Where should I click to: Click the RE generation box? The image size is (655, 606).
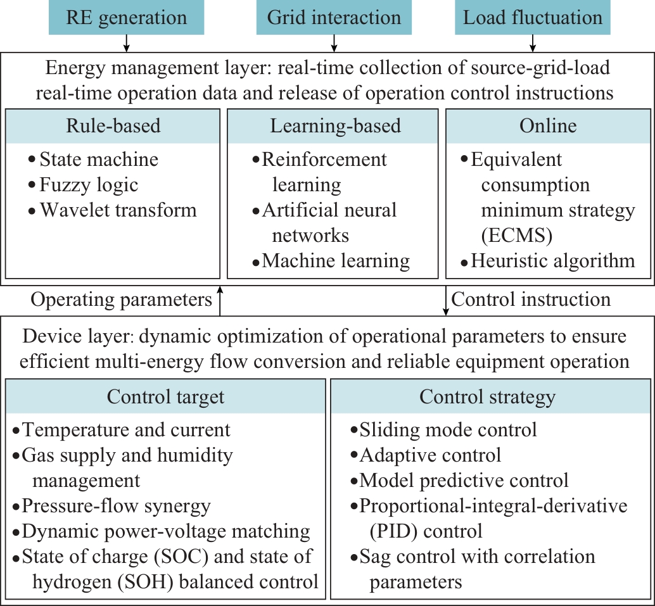pos(126,17)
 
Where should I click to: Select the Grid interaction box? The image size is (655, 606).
pos(334,17)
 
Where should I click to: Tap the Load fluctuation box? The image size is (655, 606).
pos(533,17)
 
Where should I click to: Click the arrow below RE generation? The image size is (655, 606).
pos(127,43)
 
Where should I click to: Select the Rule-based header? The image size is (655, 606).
pos(113,125)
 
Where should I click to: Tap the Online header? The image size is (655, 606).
pos(548,125)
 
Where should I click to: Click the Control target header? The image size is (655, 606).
pos(165,396)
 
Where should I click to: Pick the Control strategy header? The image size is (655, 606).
pos(487,396)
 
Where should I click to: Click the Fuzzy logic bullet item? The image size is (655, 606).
pos(88,184)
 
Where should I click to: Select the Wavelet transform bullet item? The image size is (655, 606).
pos(118,210)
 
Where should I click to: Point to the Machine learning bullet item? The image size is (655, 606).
pos(335,260)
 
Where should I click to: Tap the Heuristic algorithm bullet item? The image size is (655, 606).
pos(552,260)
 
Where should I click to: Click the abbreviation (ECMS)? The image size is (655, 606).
pos(516,235)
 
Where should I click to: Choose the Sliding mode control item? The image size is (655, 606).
pos(448,430)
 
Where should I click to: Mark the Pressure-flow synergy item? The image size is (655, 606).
pos(116,506)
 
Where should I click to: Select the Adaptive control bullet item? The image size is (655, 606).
pos(430,455)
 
